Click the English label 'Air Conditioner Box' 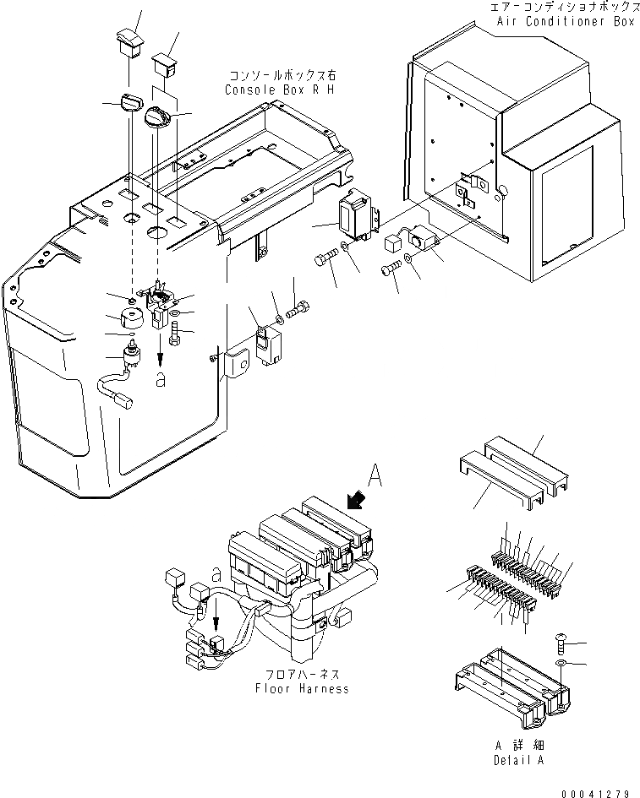[x=562, y=22]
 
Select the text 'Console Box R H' [x=279, y=90]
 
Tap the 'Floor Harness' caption [x=302, y=688]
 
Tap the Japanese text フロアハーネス [x=302, y=675]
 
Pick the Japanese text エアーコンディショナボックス [x=561, y=7]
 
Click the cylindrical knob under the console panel [x=131, y=321]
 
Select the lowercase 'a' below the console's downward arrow [x=160, y=379]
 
